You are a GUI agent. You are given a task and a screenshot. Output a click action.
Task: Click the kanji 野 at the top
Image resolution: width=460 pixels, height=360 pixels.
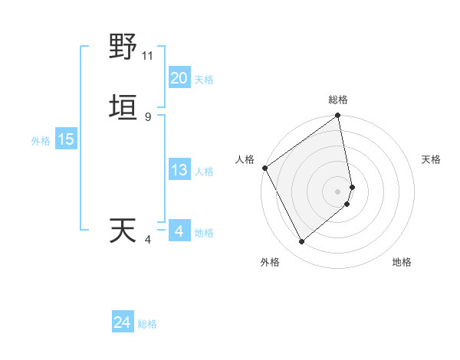point(123,48)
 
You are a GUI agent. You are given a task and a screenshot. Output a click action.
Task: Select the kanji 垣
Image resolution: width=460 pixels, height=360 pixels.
point(123,107)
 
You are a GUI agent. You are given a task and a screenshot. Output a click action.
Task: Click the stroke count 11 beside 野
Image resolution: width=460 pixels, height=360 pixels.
point(148,56)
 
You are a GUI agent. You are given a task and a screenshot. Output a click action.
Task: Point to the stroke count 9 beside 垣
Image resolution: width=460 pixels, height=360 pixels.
point(147,116)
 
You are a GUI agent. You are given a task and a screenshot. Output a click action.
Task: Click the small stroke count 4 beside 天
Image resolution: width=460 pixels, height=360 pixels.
point(147,240)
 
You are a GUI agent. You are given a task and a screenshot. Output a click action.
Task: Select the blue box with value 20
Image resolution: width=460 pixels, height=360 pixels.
point(179,78)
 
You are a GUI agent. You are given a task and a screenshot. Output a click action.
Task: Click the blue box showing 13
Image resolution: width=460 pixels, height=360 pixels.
point(179,170)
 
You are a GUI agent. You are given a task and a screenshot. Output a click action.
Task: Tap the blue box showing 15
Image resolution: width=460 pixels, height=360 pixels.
point(65,139)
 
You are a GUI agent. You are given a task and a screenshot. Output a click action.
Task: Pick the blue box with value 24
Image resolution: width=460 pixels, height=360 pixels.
point(122,322)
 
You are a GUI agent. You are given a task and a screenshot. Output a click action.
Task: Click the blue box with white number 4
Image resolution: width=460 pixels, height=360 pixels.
point(179,231)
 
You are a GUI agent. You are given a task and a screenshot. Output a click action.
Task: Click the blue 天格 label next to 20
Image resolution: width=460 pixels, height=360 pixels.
point(204,80)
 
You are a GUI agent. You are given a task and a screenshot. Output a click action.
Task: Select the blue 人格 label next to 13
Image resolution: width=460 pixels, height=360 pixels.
point(204,172)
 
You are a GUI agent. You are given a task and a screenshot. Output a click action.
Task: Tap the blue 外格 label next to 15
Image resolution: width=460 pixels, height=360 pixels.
point(41,141)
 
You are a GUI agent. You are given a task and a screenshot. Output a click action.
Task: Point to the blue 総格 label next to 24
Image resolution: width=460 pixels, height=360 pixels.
point(147,324)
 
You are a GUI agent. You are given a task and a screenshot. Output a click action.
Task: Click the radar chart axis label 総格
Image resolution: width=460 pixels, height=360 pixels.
point(338,100)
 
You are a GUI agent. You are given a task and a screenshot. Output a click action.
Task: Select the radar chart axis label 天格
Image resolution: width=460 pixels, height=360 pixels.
point(432,159)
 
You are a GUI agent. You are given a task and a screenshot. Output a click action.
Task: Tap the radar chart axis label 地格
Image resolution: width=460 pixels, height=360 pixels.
point(402,262)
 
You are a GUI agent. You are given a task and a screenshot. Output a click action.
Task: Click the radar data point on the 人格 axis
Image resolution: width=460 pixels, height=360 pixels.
point(264,168)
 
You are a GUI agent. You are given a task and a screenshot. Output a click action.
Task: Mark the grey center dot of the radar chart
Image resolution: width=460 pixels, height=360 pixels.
point(338,191)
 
